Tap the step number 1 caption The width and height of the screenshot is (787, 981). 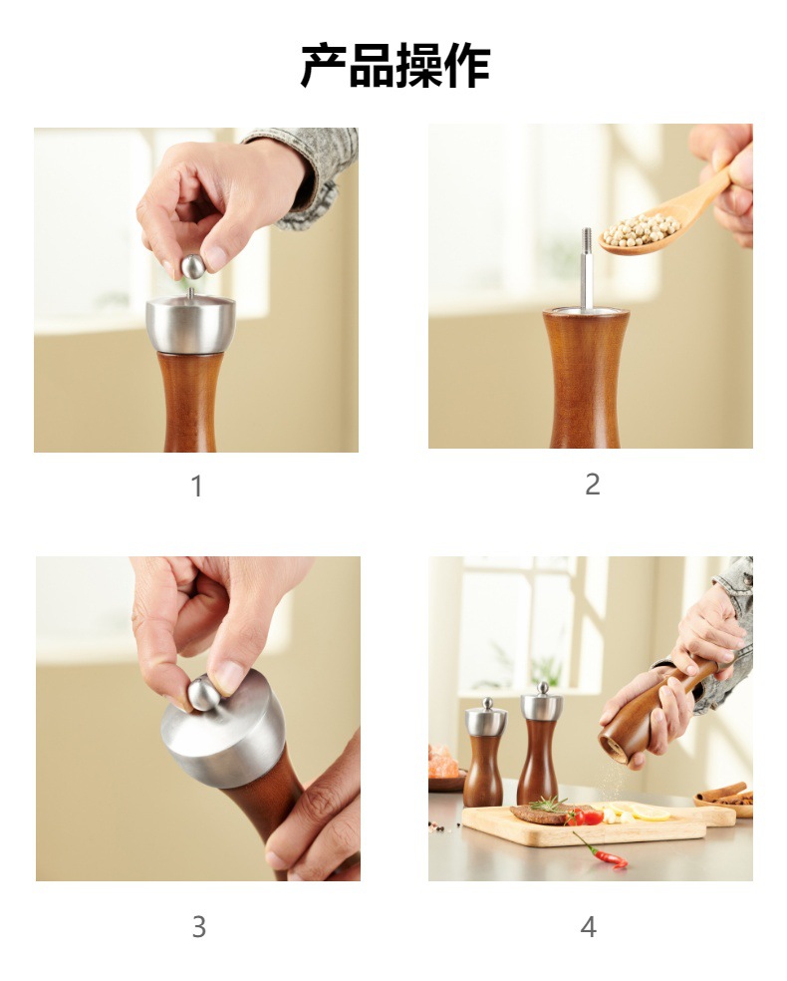[x=196, y=487]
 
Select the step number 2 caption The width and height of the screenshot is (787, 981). [x=592, y=485]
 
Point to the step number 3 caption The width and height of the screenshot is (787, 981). [x=198, y=927]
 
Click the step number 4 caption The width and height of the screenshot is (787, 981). [x=589, y=927]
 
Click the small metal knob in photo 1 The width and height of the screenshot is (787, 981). [x=192, y=266]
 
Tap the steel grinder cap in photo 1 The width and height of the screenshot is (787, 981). [x=190, y=324]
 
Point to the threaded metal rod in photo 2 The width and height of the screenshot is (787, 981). [x=586, y=267]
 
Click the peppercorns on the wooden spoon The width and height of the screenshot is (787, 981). [x=642, y=229]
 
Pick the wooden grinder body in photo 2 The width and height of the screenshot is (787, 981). [x=586, y=379]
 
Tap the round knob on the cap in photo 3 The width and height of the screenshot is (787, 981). [x=205, y=692]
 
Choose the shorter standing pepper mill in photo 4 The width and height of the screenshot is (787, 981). [x=484, y=755]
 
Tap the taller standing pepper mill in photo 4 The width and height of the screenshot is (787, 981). [x=539, y=748]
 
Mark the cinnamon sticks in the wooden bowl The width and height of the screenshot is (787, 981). [x=725, y=794]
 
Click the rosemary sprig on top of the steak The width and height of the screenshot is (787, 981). [x=549, y=803]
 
